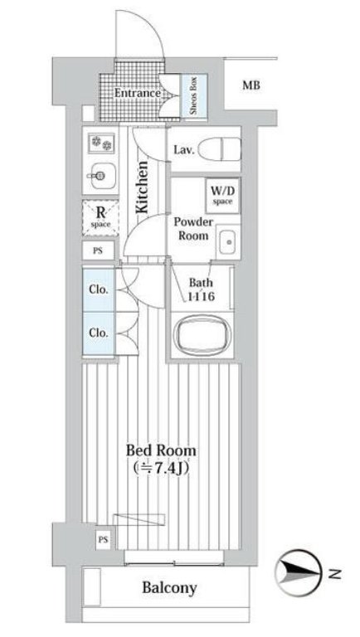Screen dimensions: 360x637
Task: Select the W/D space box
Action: (x=222, y=196)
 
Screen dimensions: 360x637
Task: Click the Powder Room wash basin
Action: (x=229, y=242)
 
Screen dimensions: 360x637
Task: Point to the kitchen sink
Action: (x=100, y=177)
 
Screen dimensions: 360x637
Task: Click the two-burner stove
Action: (x=101, y=143)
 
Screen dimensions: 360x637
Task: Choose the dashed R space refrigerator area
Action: (x=100, y=218)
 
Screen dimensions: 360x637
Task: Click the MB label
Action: (x=251, y=85)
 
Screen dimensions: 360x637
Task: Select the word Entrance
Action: (x=138, y=93)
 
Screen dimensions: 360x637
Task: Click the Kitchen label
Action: (x=142, y=187)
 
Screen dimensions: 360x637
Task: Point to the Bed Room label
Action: (x=161, y=450)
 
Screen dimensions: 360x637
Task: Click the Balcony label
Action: (x=169, y=587)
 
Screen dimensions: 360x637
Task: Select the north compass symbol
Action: (x=298, y=573)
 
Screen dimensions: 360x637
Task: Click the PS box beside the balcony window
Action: (x=103, y=540)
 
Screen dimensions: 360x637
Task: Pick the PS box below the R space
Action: (x=99, y=250)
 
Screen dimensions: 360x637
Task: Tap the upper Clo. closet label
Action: (x=99, y=290)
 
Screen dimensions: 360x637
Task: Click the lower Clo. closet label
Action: (x=99, y=333)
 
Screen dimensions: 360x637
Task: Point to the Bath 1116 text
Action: (x=201, y=289)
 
